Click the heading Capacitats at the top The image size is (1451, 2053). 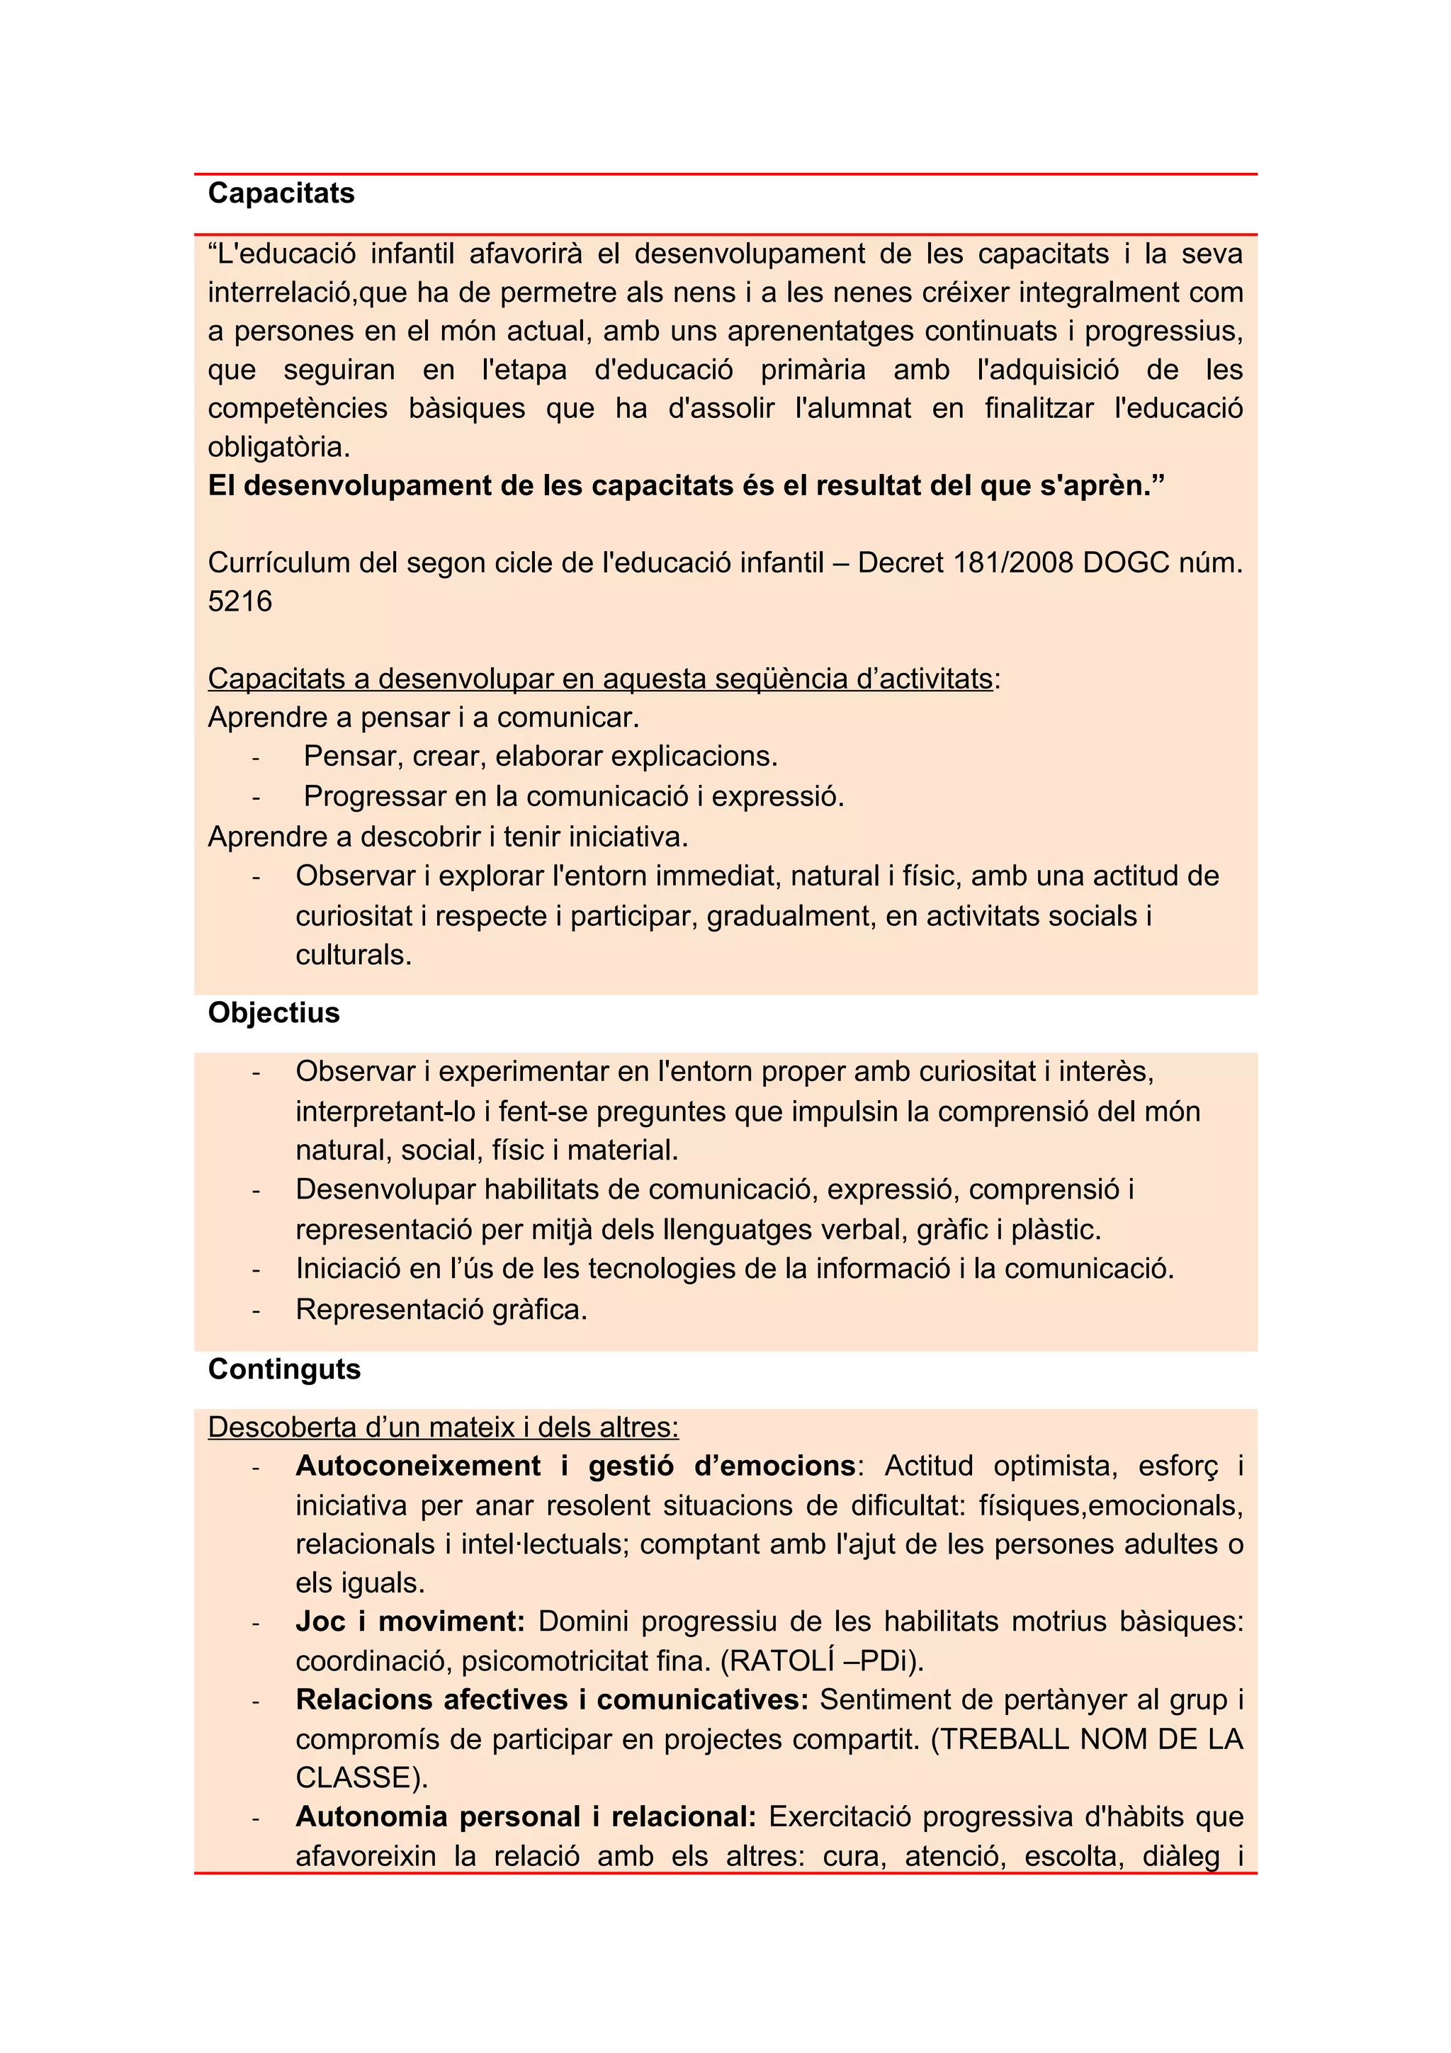pos(281,193)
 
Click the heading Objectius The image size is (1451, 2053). pos(273,1012)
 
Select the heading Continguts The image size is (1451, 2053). pos(284,1369)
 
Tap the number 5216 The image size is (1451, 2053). pos(239,601)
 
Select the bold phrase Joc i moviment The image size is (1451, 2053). pos(410,1621)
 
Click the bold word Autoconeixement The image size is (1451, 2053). pos(417,1466)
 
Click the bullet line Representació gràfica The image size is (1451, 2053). pos(441,1309)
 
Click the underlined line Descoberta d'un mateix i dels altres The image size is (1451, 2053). pos(443,1426)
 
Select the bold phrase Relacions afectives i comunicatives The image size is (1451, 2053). pos(552,1699)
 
